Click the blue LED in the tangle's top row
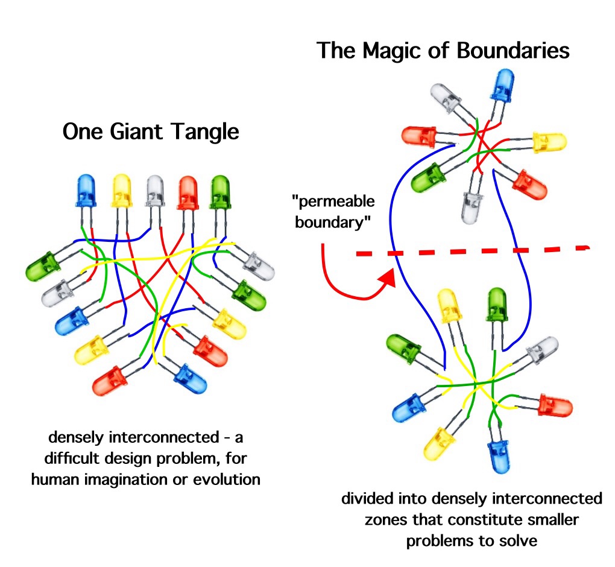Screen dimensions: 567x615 [86, 189]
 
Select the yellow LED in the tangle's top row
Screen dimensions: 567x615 [123, 189]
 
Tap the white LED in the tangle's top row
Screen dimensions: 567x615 [156, 189]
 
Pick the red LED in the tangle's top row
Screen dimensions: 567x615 [188, 189]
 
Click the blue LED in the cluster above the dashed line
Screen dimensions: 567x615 [502, 84]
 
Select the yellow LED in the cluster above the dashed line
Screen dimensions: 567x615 [548, 142]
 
